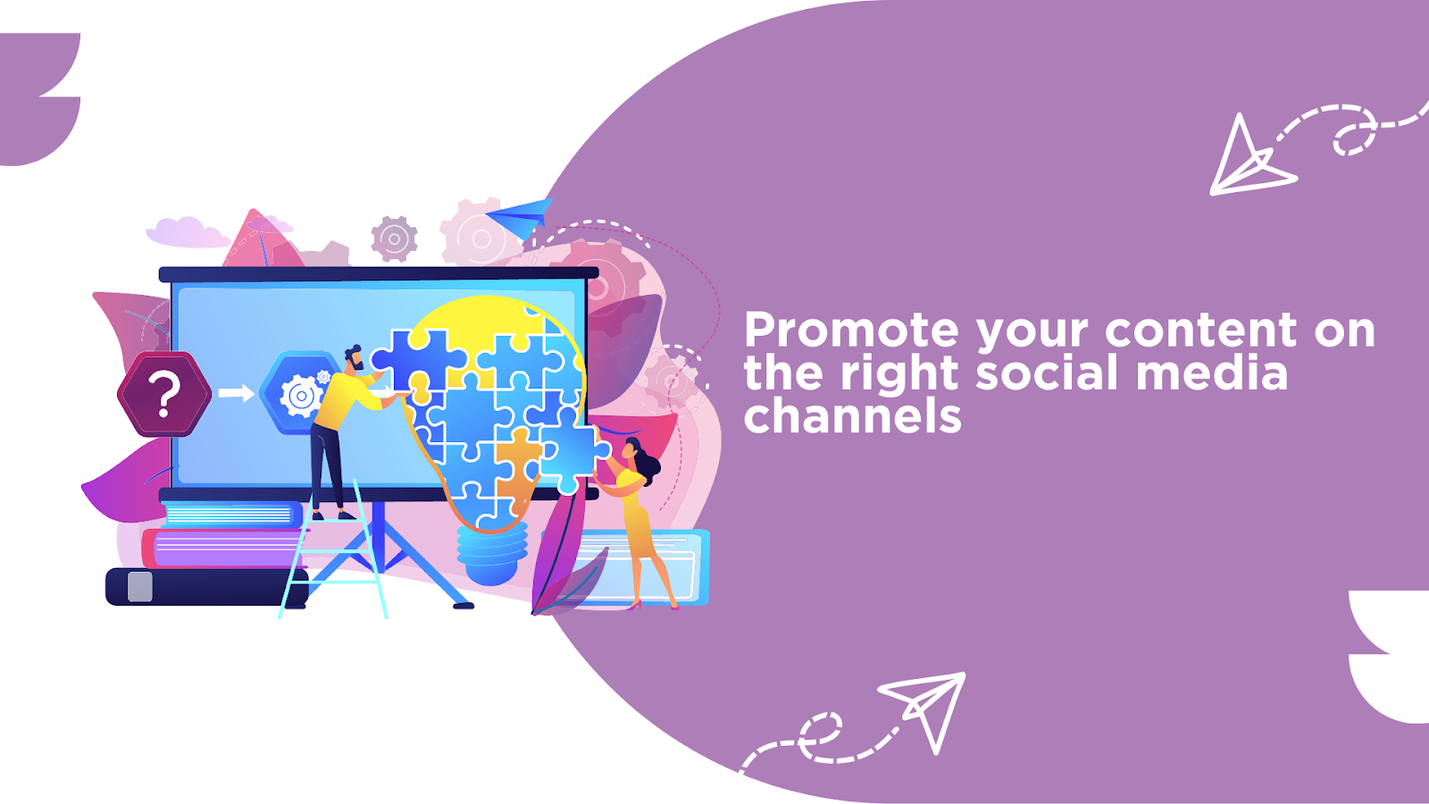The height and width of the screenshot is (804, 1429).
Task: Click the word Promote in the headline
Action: [x=851, y=330]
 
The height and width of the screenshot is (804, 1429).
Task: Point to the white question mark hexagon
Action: [x=164, y=394]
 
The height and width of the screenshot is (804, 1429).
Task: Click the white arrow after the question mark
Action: [x=236, y=392]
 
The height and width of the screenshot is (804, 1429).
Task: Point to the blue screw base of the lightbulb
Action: [x=492, y=553]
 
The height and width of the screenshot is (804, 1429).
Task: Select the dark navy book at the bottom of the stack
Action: [x=206, y=586]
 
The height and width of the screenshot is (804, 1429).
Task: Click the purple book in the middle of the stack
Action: [x=224, y=549]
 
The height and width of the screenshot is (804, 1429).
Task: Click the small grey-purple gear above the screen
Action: [x=394, y=239]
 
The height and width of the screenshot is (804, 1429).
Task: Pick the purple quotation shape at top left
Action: [x=39, y=99]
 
